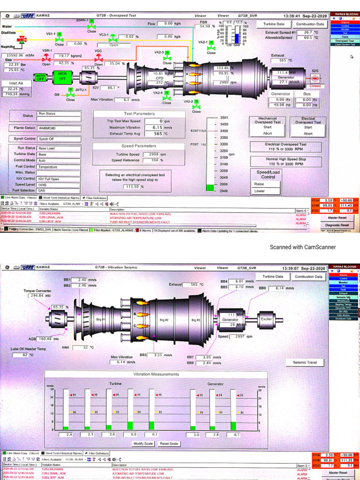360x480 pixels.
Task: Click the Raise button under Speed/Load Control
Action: pyautogui.click(x=260, y=184)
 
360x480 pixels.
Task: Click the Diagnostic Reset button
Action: pyautogui.click(x=337, y=225)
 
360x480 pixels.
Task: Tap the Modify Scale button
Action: pyautogui.click(x=143, y=443)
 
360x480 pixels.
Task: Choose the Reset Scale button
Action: pyautogui.click(x=169, y=443)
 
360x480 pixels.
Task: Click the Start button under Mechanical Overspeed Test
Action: pyautogui.click(x=267, y=127)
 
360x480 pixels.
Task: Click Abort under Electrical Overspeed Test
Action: pyautogui.click(x=308, y=134)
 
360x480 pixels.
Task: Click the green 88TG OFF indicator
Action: pyautogui.click(x=41, y=77)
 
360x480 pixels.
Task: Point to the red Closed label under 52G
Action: pyautogui.click(x=315, y=86)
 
